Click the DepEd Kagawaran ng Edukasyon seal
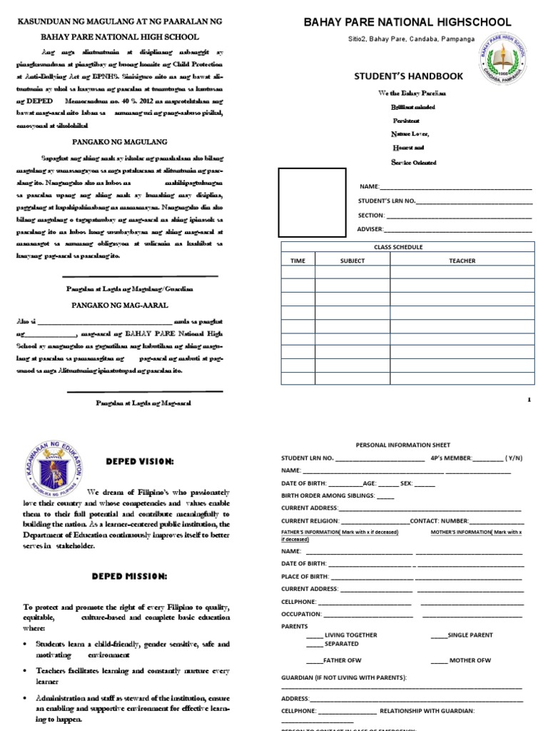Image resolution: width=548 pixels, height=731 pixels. pos(51,470)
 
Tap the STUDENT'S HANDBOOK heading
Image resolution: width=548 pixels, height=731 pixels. pos(409,76)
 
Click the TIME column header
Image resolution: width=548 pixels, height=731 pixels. pos(298,261)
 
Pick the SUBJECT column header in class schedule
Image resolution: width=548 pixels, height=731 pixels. pos(352,261)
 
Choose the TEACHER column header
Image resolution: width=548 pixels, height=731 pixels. pos(462,261)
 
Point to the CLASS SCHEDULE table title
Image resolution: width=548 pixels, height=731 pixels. pos(398,247)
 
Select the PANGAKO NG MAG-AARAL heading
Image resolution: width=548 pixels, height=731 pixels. pos(120,305)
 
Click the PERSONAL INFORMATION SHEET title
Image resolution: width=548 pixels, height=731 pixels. pos(402,445)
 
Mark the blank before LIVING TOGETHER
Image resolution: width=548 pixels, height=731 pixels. pos(314,635)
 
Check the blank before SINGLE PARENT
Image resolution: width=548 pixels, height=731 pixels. pos(438,635)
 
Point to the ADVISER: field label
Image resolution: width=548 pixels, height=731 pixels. pos(370,228)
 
